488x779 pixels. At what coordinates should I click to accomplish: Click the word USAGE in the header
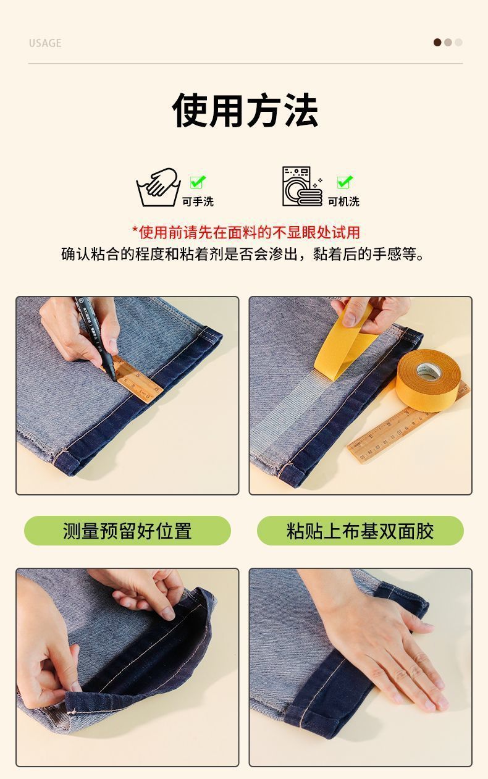click(x=45, y=43)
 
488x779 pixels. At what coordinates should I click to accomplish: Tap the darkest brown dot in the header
click(x=437, y=43)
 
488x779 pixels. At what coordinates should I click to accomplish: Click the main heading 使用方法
click(x=245, y=111)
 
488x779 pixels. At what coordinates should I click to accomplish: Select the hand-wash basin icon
click(x=158, y=187)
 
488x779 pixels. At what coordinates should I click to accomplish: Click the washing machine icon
click(x=302, y=187)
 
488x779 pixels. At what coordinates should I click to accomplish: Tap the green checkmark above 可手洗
click(x=198, y=182)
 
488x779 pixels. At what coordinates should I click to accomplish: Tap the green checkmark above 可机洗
click(x=345, y=182)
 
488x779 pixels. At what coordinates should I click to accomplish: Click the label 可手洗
click(x=198, y=201)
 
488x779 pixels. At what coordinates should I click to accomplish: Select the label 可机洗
click(x=343, y=201)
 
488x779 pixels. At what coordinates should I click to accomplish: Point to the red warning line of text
click(x=246, y=232)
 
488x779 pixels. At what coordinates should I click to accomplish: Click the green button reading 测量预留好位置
click(x=127, y=531)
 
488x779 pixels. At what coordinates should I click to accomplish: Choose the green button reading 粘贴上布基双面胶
click(x=360, y=531)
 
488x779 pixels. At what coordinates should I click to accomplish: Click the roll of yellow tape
click(x=429, y=380)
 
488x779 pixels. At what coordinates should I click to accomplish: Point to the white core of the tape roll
click(x=429, y=371)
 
